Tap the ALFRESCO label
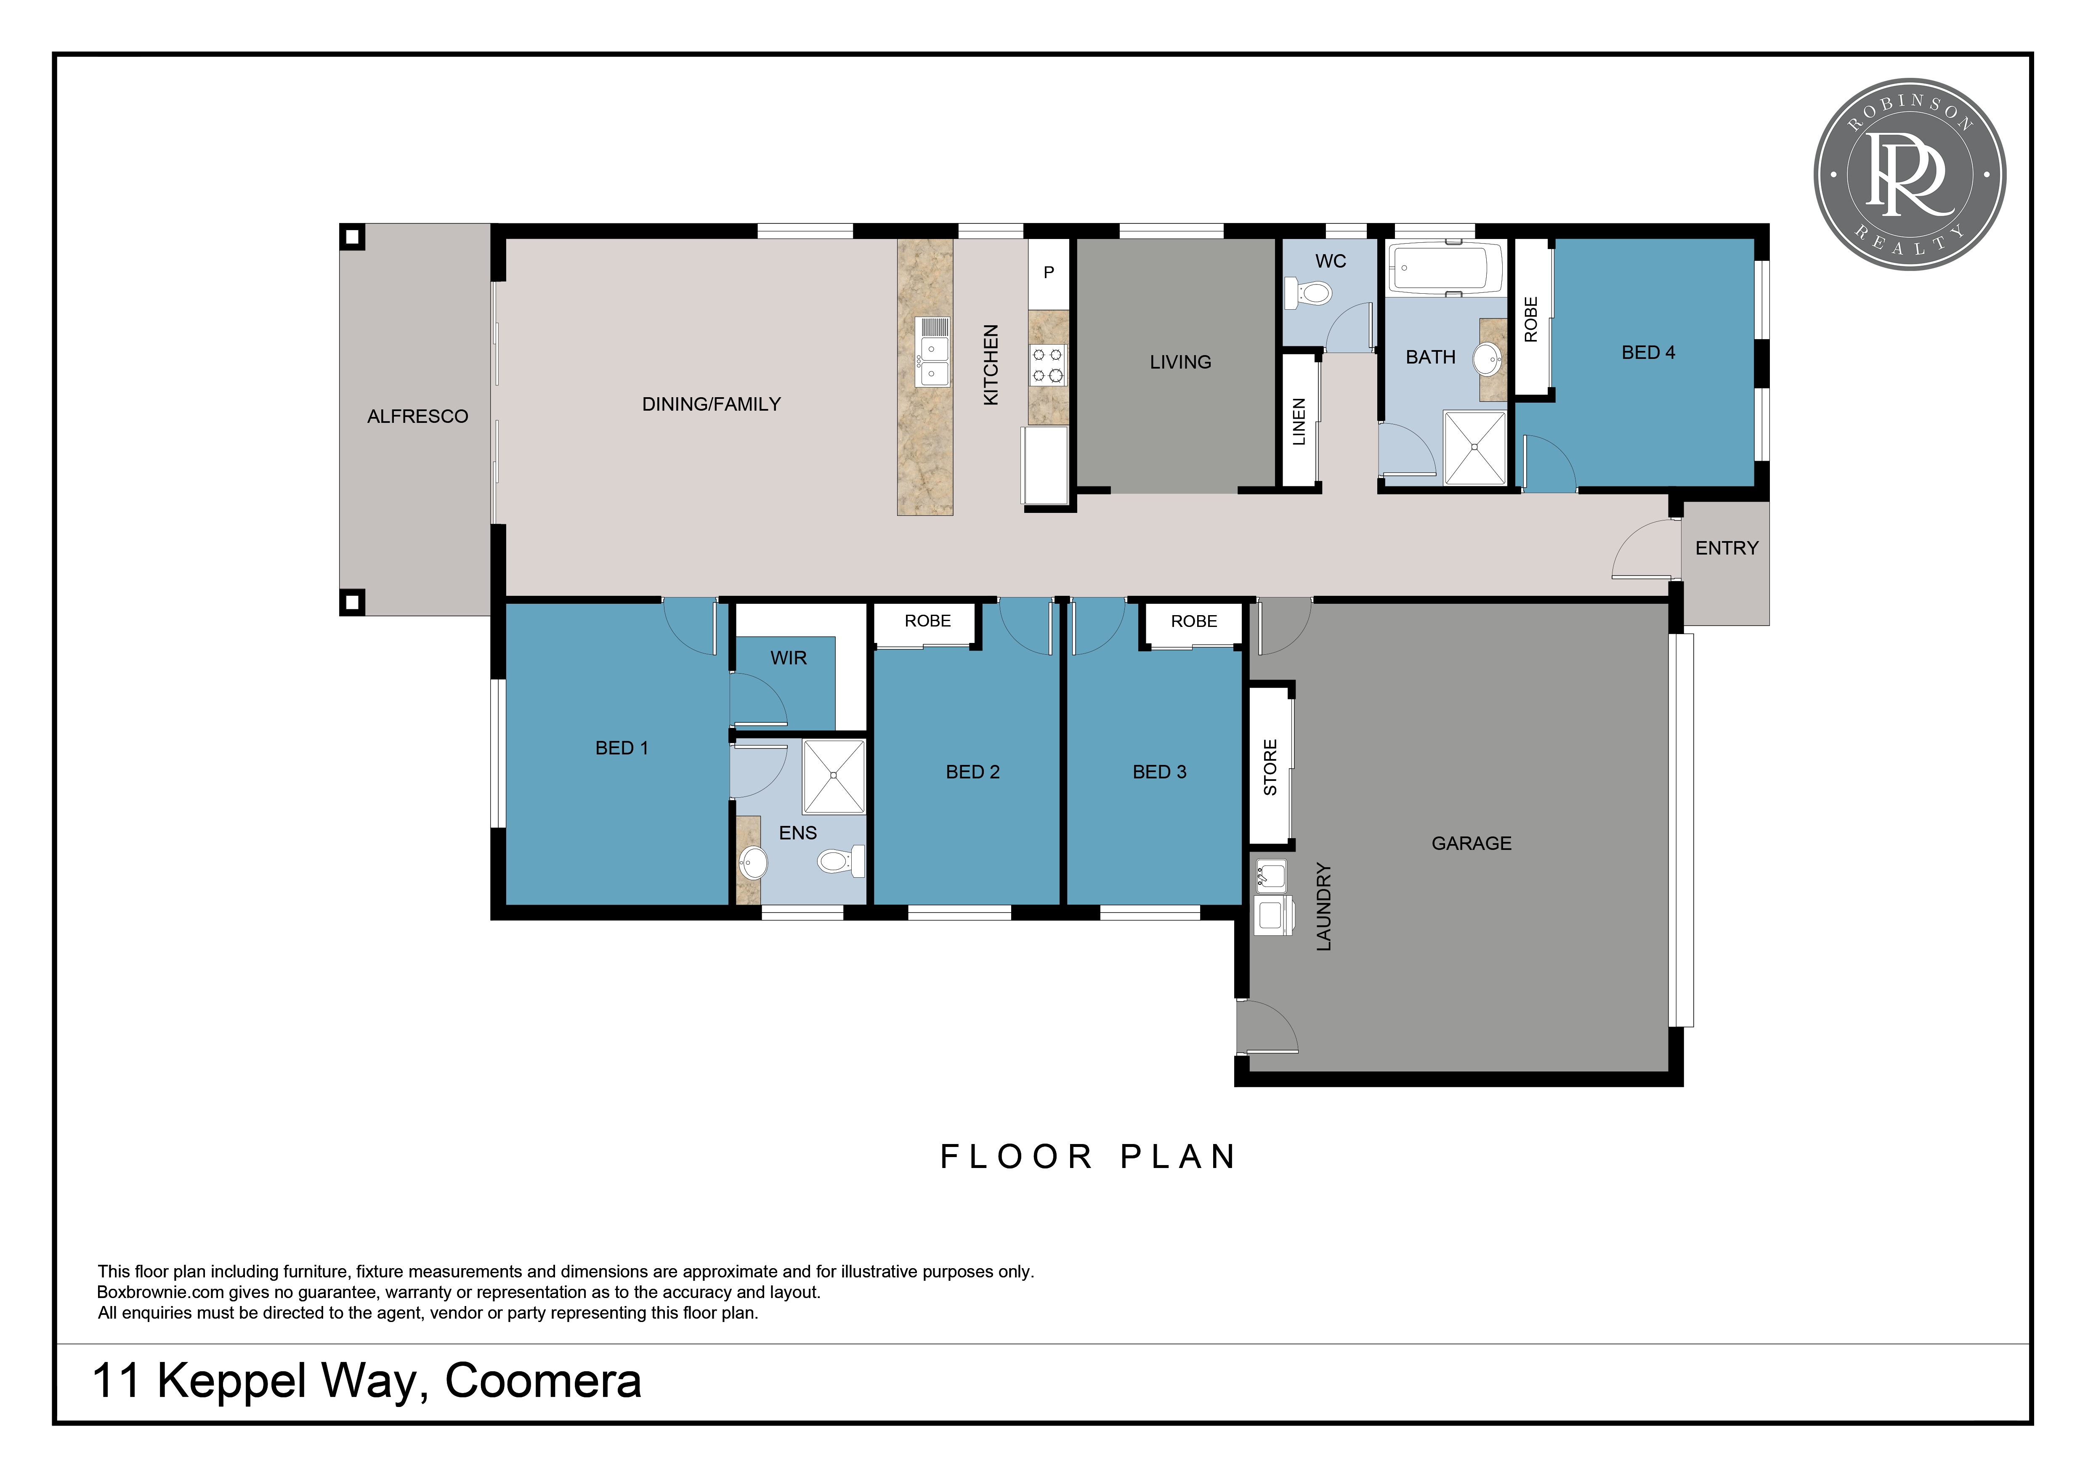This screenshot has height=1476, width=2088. [x=417, y=417]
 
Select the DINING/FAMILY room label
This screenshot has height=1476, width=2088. [x=711, y=404]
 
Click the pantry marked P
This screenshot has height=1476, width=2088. [x=1049, y=273]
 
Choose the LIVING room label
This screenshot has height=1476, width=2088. [x=1180, y=362]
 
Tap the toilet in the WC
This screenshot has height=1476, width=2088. [x=1308, y=293]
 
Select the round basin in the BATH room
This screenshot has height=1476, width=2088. [x=1488, y=359]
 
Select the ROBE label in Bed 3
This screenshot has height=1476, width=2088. [x=1193, y=621]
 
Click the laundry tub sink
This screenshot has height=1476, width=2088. [x=1271, y=876]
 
